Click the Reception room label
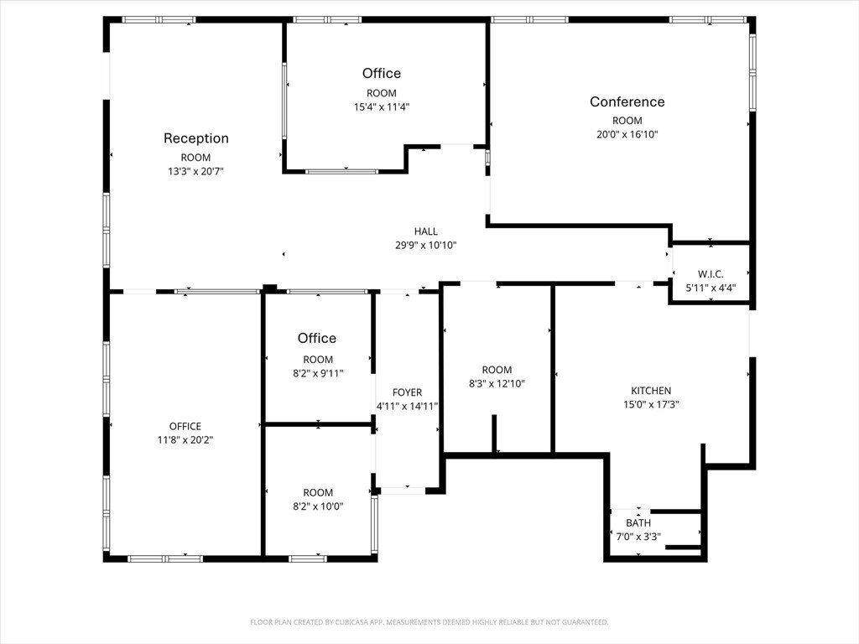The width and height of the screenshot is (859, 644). pyautogui.click(x=196, y=138)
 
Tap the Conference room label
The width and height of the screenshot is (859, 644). pyautogui.click(x=627, y=101)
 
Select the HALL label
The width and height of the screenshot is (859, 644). pyautogui.click(x=425, y=231)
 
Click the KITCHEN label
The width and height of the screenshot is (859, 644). pyautogui.click(x=651, y=391)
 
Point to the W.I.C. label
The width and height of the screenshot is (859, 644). pyautogui.click(x=711, y=274)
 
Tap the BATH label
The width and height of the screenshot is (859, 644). pyautogui.click(x=638, y=523)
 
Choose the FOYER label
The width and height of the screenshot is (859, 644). pyautogui.click(x=407, y=392)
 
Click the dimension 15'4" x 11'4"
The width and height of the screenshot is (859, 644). pyautogui.click(x=382, y=106)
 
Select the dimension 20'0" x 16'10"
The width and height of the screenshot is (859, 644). pyautogui.click(x=627, y=134)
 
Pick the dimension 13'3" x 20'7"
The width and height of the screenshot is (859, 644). pyautogui.click(x=195, y=171)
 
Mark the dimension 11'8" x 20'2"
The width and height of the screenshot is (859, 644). pyautogui.click(x=185, y=439)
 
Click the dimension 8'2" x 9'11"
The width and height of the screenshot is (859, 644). pyautogui.click(x=318, y=373)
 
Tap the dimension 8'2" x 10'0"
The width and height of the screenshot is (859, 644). pyautogui.click(x=318, y=506)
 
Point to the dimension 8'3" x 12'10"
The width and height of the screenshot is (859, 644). pyautogui.click(x=497, y=384)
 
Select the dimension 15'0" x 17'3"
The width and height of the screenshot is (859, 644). pyautogui.click(x=651, y=405)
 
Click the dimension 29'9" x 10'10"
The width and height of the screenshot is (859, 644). pyautogui.click(x=425, y=246)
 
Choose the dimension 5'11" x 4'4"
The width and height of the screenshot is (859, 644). pyautogui.click(x=711, y=288)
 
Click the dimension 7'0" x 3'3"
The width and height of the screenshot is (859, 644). pyautogui.click(x=638, y=537)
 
